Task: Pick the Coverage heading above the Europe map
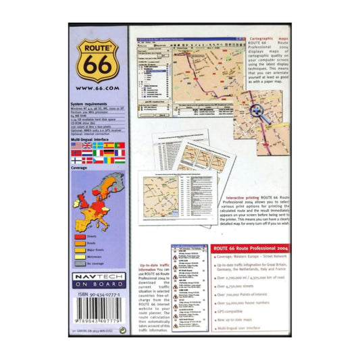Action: tap(80, 168)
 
